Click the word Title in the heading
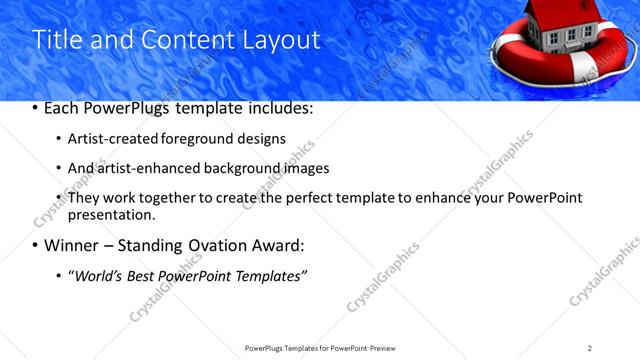[x=56, y=40]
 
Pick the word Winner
[x=71, y=246]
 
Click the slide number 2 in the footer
[x=590, y=348]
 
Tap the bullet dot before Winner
[x=36, y=246]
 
